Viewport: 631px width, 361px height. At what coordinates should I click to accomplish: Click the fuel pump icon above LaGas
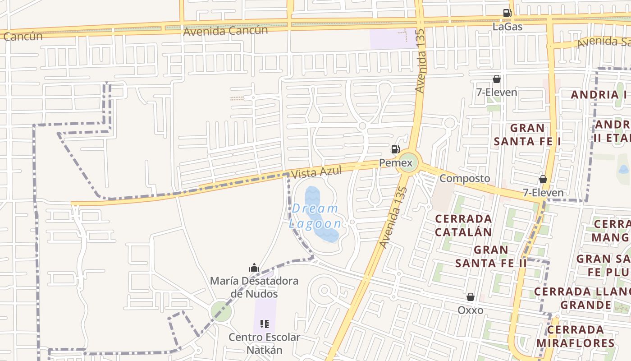click(x=507, y=13)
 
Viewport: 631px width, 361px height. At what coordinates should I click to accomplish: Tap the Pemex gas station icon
click(x=395, y=149)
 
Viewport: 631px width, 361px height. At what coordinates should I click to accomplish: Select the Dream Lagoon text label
click(x=315, y=216)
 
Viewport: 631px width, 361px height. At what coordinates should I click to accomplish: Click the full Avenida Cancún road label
click(x=225, y=31)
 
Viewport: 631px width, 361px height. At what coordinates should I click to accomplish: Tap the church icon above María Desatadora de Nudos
click(x=254, y=268)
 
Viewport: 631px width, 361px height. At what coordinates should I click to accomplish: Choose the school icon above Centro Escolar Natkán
click(x=265, y=324)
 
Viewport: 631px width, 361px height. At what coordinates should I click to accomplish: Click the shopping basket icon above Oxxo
click(x=471, y=297)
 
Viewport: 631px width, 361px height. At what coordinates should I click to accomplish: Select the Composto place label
click(x=464, y=178)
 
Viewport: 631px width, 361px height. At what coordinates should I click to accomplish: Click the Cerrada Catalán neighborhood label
click(x=463, y=225)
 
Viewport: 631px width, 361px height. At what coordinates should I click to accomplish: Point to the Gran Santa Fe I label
click(x=527, y=134)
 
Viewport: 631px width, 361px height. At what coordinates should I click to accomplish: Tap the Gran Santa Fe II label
click(x=491, y=256)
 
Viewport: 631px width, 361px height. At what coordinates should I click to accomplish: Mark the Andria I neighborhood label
click(x=599, y=95)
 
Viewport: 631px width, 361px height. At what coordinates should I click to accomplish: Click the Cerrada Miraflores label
click(x=575, y=336)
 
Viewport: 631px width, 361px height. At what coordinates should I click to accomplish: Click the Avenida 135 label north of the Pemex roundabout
click(x=420, y=61)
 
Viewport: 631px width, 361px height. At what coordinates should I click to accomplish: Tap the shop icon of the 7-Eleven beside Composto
click(x=543, y=179)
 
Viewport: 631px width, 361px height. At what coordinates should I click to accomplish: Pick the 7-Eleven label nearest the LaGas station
click(x=497, y=93)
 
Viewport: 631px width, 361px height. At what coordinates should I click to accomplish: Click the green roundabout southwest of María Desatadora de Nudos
click(x=221, y=311)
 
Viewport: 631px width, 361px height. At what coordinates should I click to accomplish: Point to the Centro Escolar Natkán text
click(x=264, y=343)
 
